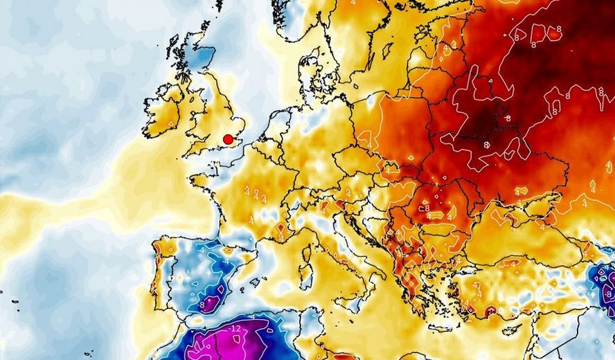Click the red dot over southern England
[228, 139]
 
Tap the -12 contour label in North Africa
[235, 328]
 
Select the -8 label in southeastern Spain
[202, 304]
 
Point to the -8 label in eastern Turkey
[607, 294]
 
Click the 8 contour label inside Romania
[427, 208]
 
